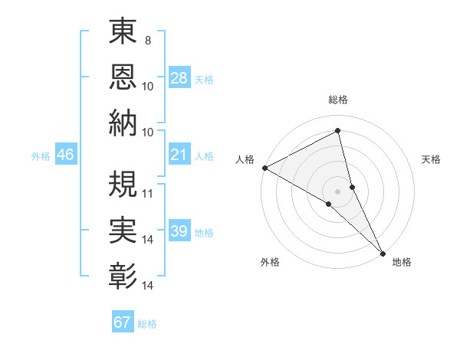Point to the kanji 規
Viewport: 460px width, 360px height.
click(123, 183)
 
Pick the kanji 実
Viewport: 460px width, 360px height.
click(123, 229)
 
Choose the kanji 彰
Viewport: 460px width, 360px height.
click(123, 274)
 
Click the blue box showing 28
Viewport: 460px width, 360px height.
click(179, 78)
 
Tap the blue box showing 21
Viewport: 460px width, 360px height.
click(179, 155)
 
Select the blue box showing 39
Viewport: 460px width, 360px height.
click(179, 232)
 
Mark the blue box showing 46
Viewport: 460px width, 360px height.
click(66, 155)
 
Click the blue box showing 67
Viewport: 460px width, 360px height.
click(123, 322)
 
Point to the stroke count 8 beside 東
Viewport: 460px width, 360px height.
click(147, 40)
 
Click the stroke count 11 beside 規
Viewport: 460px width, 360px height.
click(148, 193)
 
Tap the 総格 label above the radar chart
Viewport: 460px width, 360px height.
click(338, 100)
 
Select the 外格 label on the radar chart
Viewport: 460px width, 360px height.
click(270, 262)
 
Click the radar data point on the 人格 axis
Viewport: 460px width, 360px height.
click(264, 167)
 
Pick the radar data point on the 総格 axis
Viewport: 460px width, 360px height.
click(338, 130)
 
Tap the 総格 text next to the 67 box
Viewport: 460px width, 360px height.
click(147, 324)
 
